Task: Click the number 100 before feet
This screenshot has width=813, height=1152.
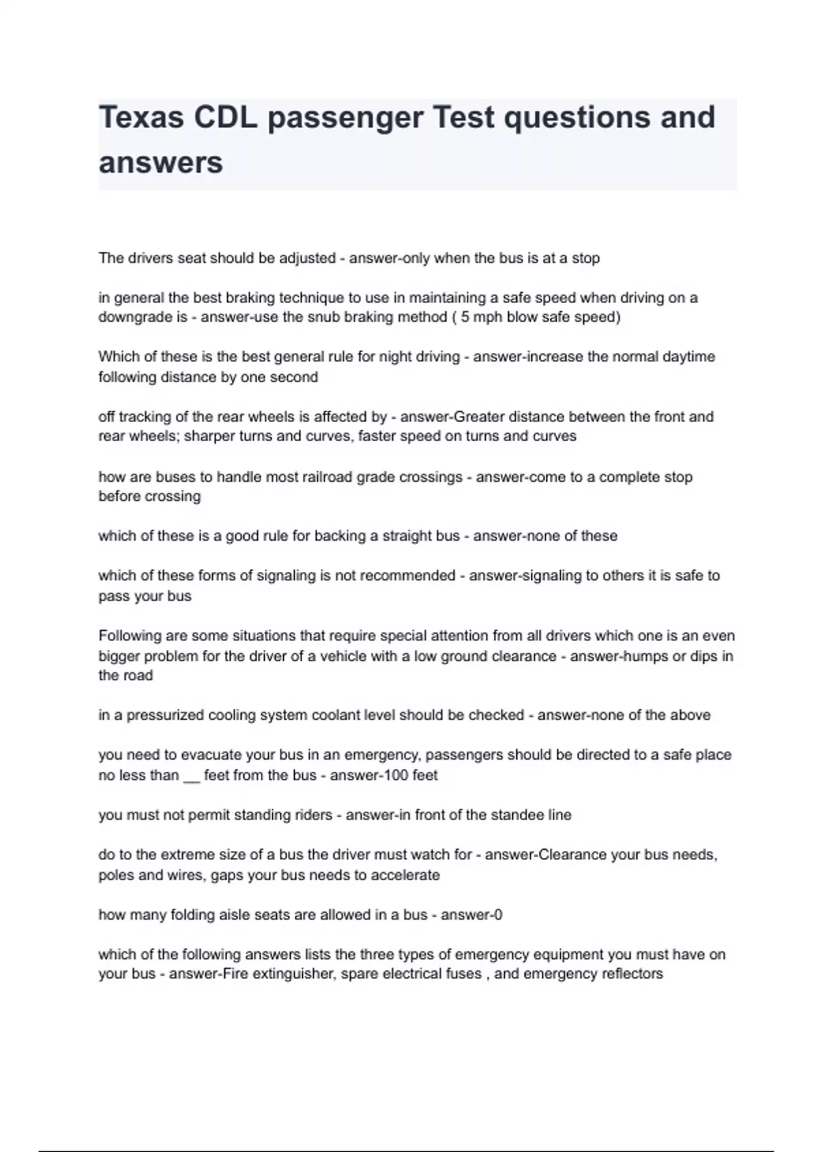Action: coord(396,775)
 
